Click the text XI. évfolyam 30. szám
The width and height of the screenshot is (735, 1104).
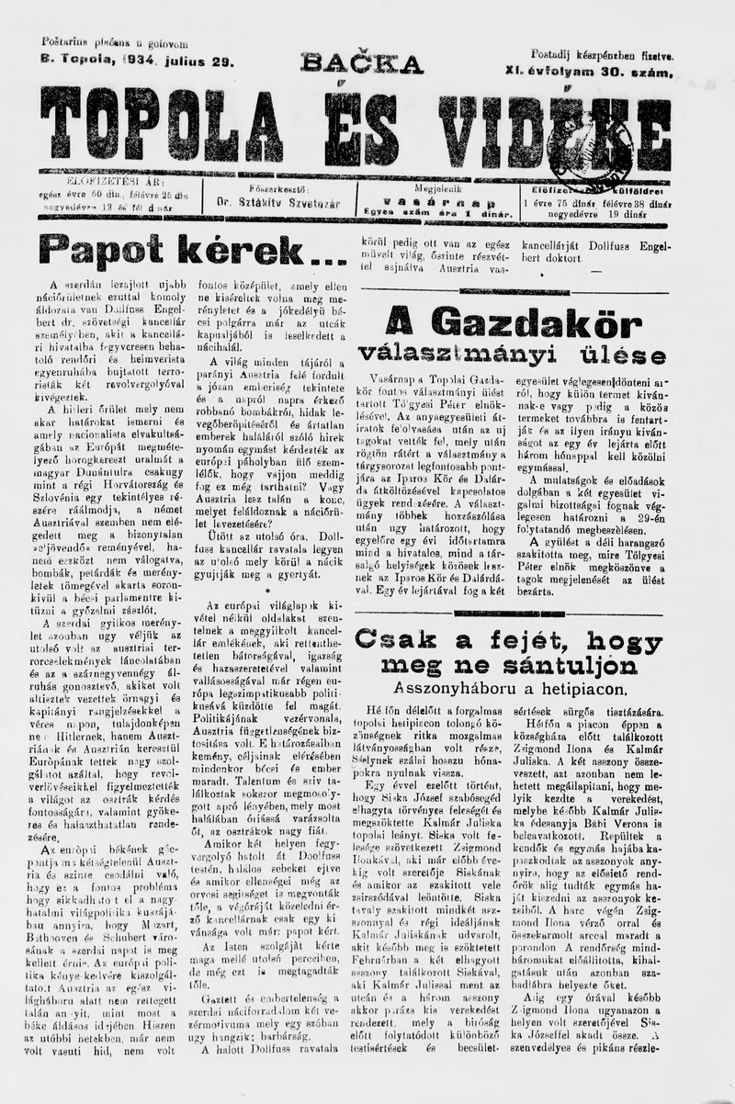point(588,71)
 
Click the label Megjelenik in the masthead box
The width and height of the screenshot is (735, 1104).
point(431,187)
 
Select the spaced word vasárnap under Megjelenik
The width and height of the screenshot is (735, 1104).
point(431,201)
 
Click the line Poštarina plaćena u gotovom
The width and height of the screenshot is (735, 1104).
point(114,43)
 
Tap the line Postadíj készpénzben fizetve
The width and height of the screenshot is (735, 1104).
point(601,55)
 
